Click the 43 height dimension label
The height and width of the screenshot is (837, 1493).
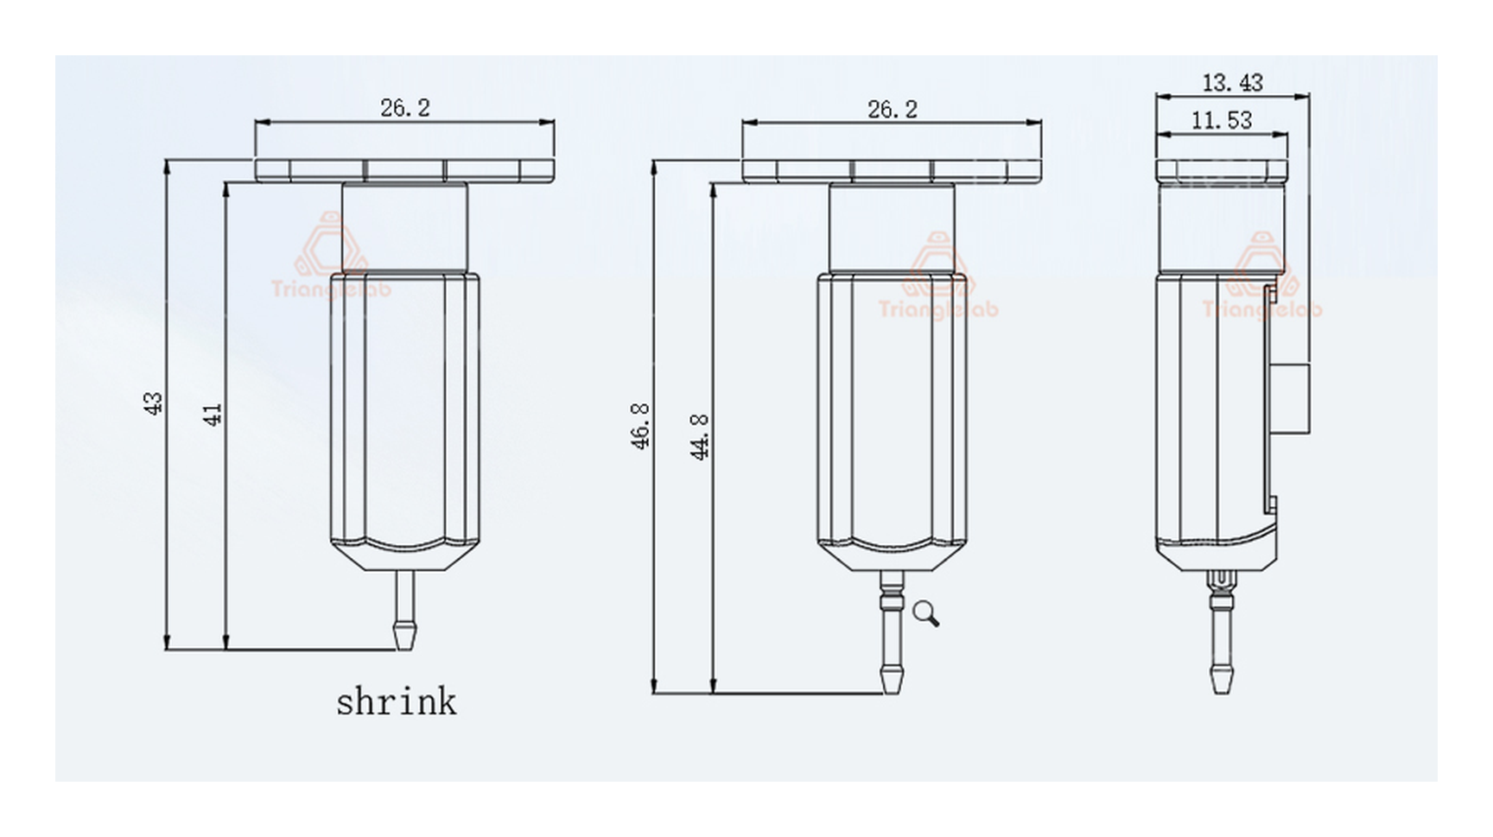[x=154, y=403]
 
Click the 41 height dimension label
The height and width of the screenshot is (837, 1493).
[x=213, y=415]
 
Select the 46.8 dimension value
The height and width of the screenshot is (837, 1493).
[x=641, y=426]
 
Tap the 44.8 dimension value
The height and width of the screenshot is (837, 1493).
[x=701, y=436]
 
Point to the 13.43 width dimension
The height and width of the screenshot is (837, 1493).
[x=1233, y=83]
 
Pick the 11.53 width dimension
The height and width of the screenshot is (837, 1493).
[x=1222, y=120]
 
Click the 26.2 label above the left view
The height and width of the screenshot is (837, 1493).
[x=405, y=108]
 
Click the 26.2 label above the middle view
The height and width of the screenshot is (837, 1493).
[x=893, y=110]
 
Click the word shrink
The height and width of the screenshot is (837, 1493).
[x=397, y=701]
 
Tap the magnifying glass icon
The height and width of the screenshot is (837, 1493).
[x=925, y=613]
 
